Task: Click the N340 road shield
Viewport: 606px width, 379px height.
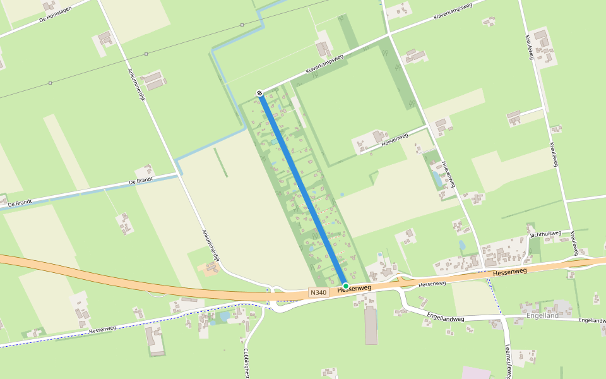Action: (x=318, y=292)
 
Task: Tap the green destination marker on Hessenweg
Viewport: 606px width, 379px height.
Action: (x=346, y=286)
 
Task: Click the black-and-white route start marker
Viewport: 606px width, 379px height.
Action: (x=259, y=93)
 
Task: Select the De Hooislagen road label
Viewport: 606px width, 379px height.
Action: (x=56, y=13)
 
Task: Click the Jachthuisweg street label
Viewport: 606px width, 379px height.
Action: (x=545, y=234)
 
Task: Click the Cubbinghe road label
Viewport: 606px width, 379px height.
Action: (x=246, y=363)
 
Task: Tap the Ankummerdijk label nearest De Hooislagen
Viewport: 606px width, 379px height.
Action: (x=137, y=85)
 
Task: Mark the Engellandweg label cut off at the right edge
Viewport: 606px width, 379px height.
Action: (x=591, y=321)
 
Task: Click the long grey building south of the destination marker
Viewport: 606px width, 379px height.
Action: (x=371, y=326)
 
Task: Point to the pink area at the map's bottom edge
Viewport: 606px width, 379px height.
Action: (x=477, y=373)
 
